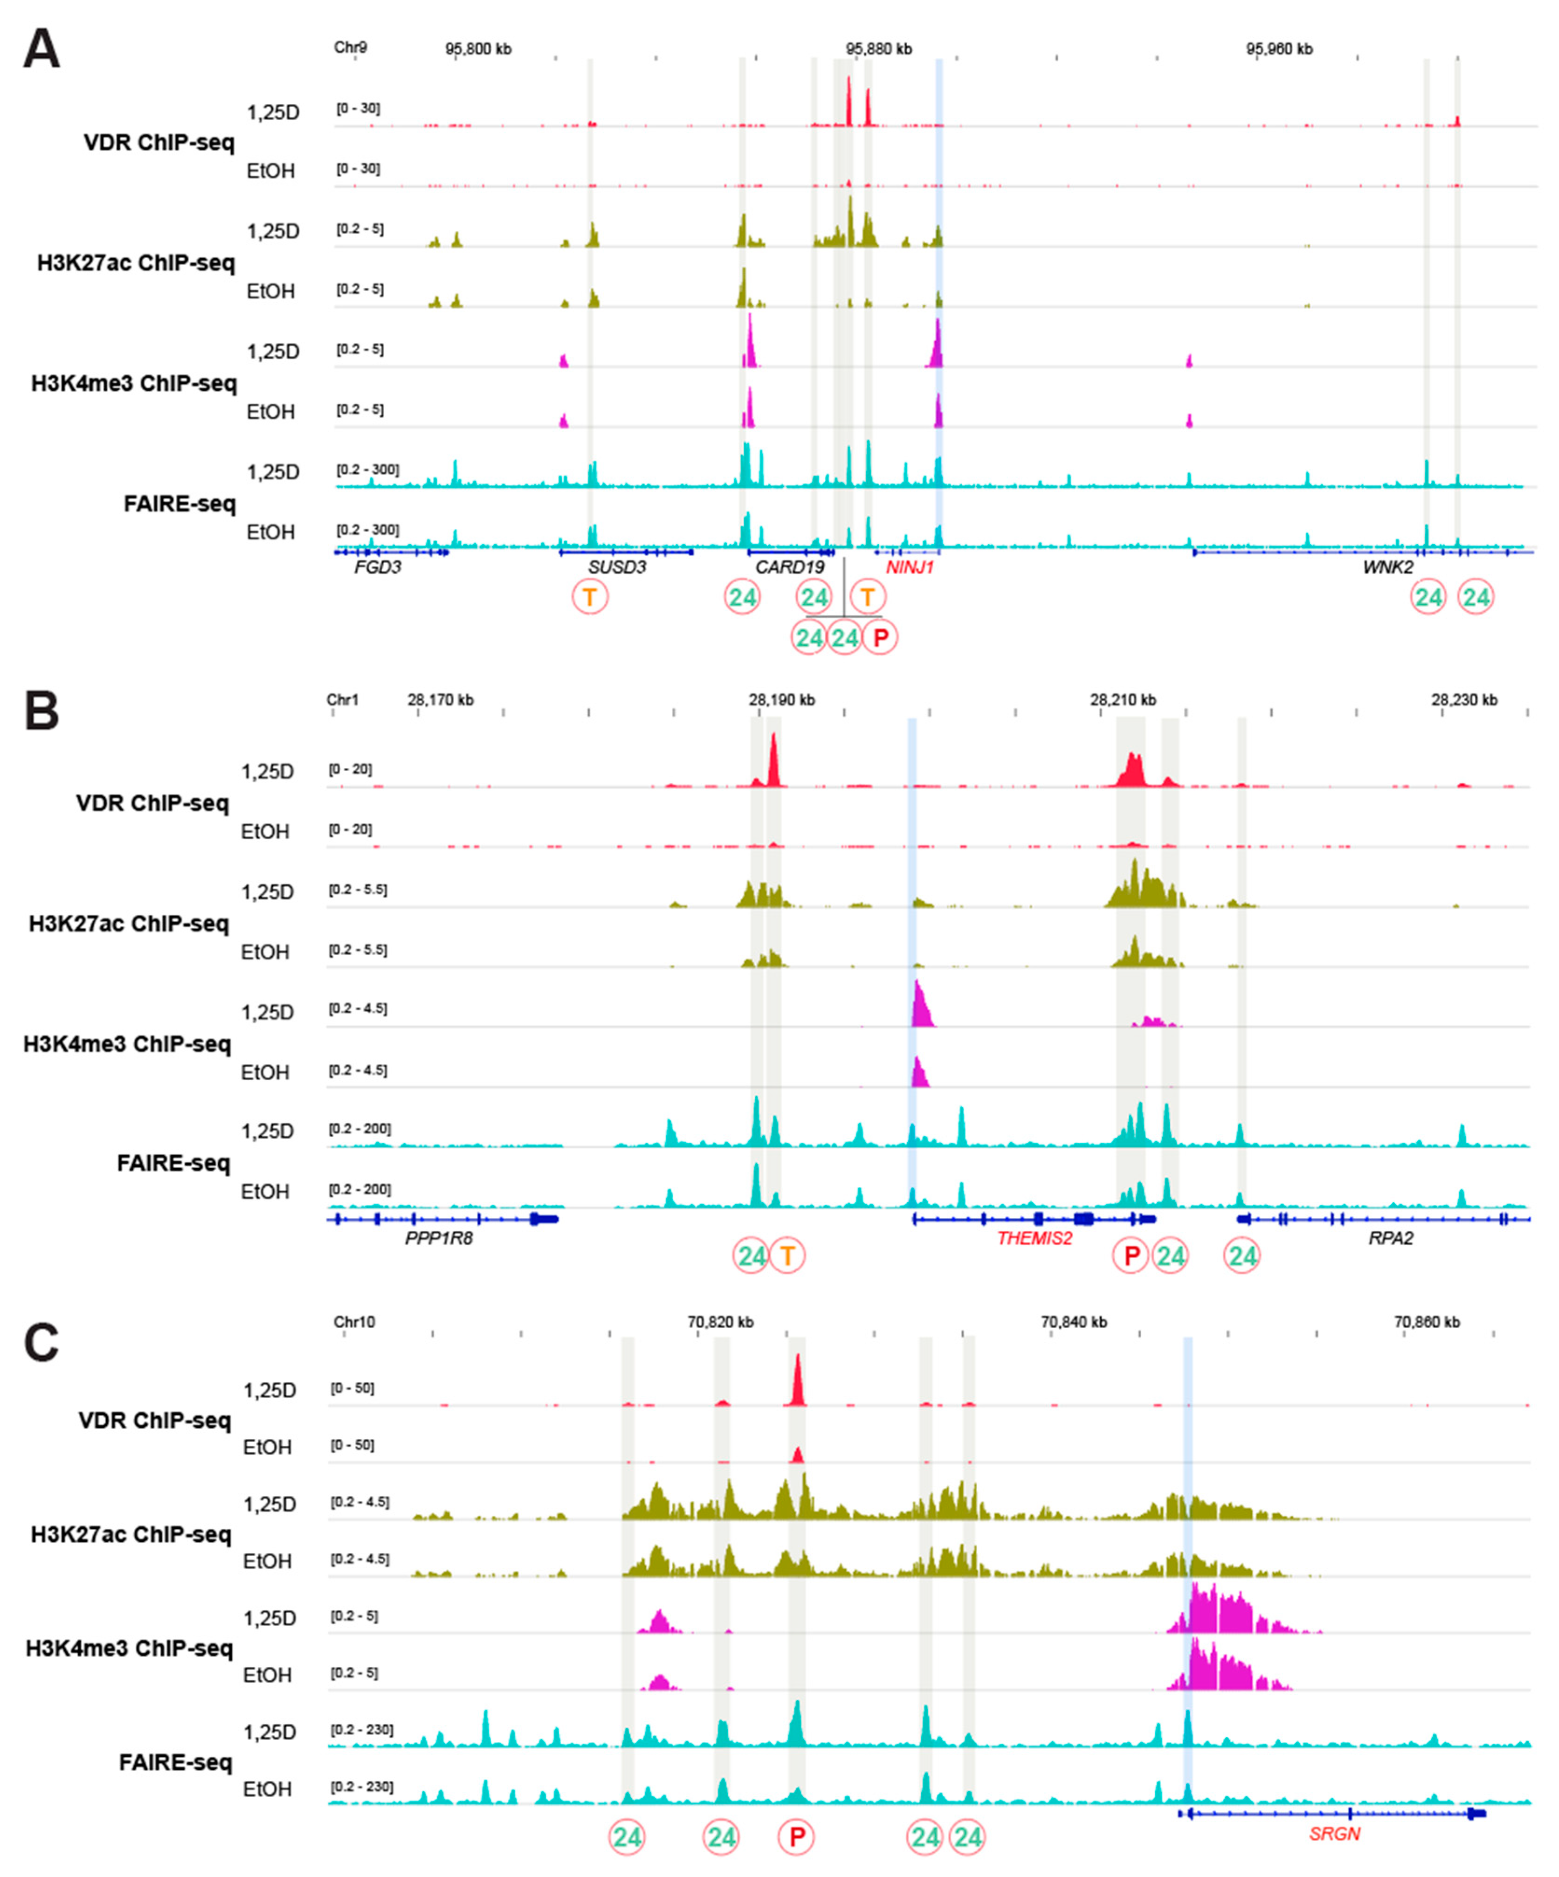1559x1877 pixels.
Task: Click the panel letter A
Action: click(x=41, y=50)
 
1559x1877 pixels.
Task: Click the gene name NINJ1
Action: click(x=909, y=566)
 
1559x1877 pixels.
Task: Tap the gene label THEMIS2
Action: click(x=1034, y=1238)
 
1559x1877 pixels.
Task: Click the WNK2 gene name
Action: click(x=1387, y=566)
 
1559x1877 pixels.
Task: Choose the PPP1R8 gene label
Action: click(x=439, y=1238)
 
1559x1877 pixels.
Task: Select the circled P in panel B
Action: click(x=1131, y=1256)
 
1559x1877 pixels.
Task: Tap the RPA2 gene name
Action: click(x=1390, y=1238)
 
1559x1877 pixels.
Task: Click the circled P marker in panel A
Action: click(x=880, y=637)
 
